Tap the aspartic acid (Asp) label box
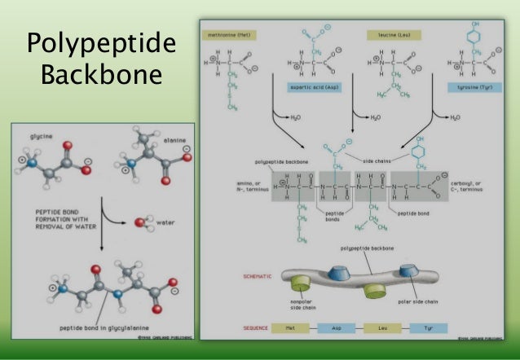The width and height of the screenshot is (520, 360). (x=312, y=86)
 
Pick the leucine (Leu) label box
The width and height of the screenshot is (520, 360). (x=391, y=36)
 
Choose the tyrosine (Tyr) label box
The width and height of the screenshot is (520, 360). (x=469, y=86)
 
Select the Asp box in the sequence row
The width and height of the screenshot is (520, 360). (x=336, y=328)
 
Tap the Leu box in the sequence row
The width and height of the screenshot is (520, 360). (x=384, y=328)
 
